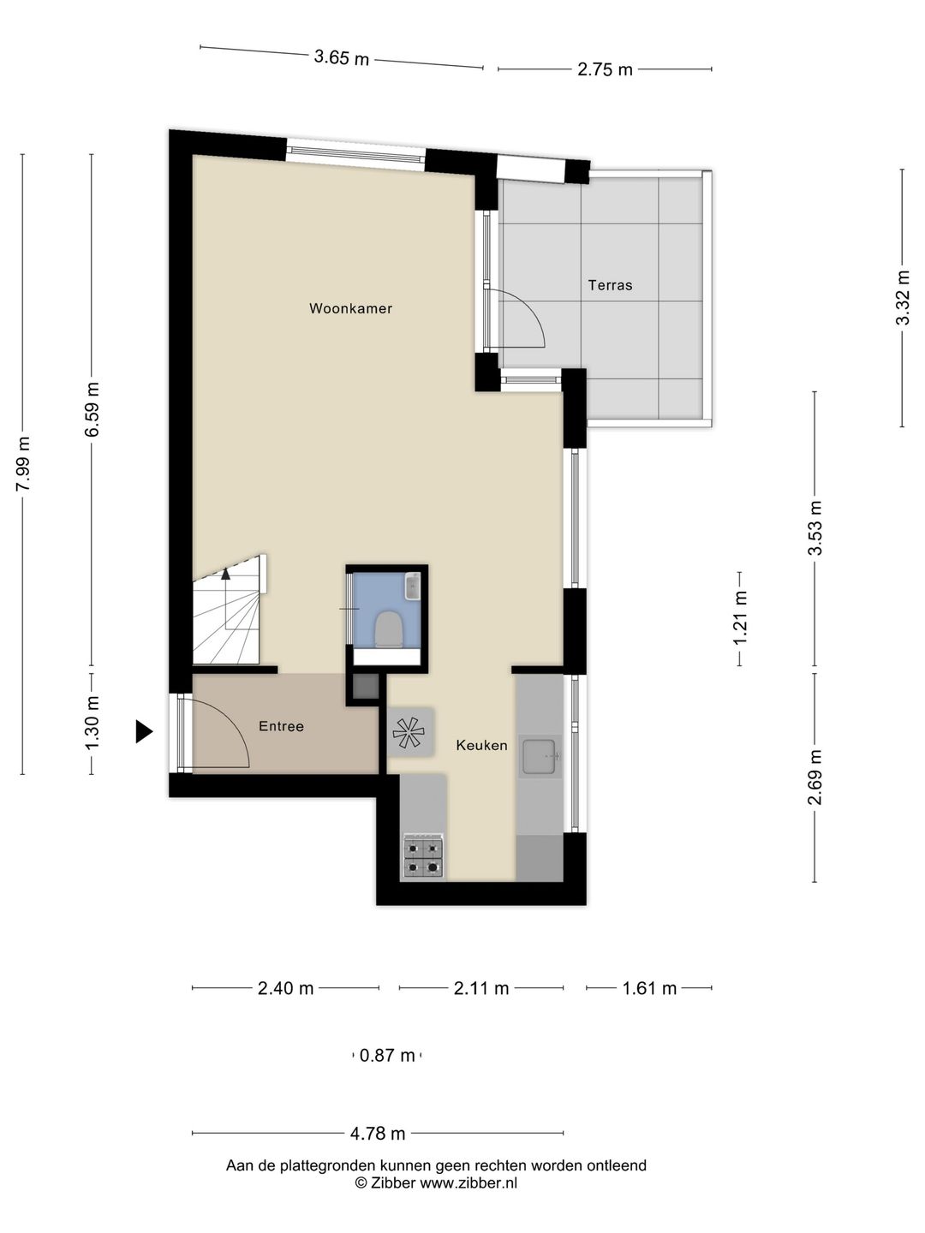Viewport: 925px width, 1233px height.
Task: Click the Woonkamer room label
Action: pyautogui.click(x=350, y=308)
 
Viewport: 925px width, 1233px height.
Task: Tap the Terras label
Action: pyautogui.click(x=610, y=285)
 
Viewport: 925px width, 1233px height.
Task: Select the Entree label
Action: pyautogui.click(x=281, y=726)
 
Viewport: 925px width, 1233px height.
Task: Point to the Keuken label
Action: pyautogui.click(x=481, y=746)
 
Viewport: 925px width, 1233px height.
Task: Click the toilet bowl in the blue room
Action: pyautogui.click(x=389, y=629)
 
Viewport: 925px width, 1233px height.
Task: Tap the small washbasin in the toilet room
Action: pyautogui.click(x=413, y=587)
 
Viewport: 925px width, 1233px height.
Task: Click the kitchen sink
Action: pyautogui.click(x=540, y=756)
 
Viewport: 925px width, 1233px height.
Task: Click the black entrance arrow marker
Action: pyautogui.click(x=144, y=732)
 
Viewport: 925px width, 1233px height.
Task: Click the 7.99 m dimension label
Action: pyautogui.click(x=23, y=464)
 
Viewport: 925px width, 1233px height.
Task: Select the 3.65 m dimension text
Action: pyautogui.click(x=342, y=57)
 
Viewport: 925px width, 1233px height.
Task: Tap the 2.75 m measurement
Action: pyautogui.click(x=605, y=69)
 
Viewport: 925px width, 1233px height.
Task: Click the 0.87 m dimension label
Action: pyautogui.click(x=387, y=1056)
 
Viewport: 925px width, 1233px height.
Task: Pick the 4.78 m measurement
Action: pyautogui.click(x=378, y=1134)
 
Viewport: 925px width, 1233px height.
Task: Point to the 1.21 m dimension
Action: pyautogui.click(x=740, y=619)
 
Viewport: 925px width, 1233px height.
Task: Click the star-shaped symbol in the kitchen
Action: pyautogui.click(x=409, y=733)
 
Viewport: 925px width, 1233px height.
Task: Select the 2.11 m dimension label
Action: pyautogui.click(x=481, y=988)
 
